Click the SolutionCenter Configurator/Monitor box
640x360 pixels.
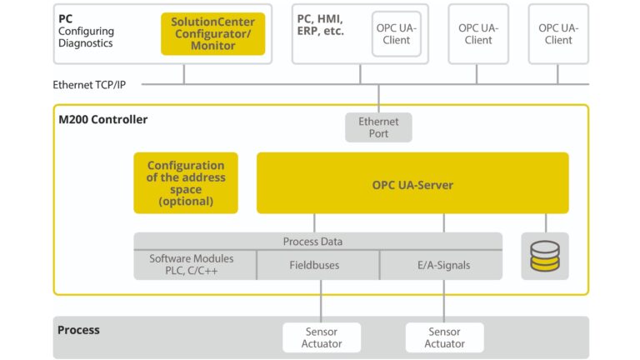(213, 34)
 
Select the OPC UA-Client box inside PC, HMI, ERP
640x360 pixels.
(396, 34)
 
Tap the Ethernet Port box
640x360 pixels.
(378, 127)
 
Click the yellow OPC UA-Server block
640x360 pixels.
(412, 183)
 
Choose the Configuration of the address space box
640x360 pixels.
(186, 183)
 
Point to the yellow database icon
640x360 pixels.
(545, 256)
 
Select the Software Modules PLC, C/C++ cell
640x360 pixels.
(192, 265)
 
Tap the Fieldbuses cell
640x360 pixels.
(318, 265)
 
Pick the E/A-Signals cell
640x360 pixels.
(442, 265)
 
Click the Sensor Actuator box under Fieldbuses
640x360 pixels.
(322, 337)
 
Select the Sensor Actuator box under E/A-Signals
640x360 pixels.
(444, 337)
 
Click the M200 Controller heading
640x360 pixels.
(103, 120)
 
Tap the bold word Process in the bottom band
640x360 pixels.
(78, 330)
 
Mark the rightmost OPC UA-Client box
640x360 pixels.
(558, 34)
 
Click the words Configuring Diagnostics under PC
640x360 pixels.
(86, 37)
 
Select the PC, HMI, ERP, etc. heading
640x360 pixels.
(320, 25)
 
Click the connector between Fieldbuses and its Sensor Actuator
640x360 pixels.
(322, 301)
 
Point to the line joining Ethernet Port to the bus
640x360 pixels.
(378, 98)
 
